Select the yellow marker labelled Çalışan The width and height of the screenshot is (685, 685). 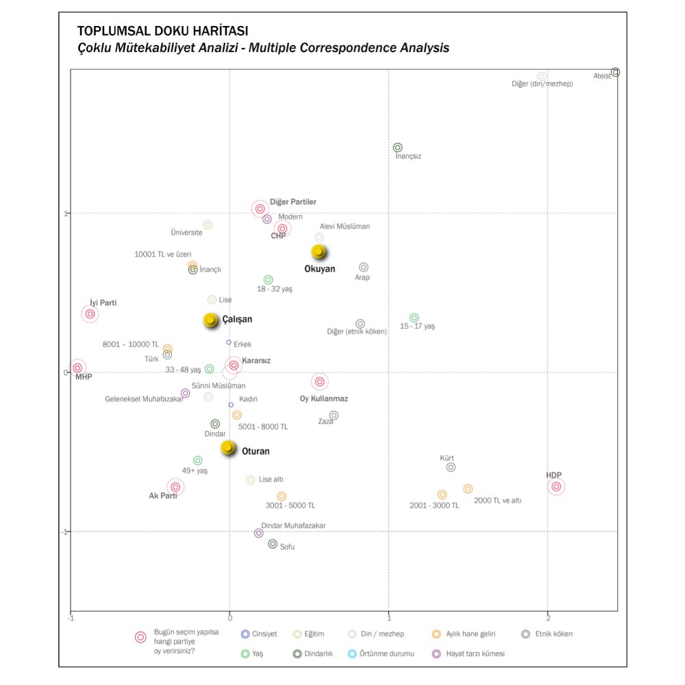pyautogui.click(x=211, y=320)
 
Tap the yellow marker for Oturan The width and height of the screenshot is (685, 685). pyautogui.click(x=228, y=448)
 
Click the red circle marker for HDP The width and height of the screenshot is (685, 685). pyautogui.click(x=556, y=486)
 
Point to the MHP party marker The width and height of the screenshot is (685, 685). pyautogui.click(x=78, y=368)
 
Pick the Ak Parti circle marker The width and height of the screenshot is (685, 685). pyautogui.click(x=175, y=486)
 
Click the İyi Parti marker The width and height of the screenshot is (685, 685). pyautogui.click(x=90, y=314)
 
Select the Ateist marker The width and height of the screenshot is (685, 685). pyautogui.click(x=615, y=72)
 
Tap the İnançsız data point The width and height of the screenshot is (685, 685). pyautogui.click(x=397, y=147)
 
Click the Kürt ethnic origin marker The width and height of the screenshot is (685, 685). pyautogui.click(x=451, y=467)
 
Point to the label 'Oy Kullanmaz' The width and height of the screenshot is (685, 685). pyautogui.click(x=324, y=399)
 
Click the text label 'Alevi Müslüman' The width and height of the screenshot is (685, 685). pyautogui.click(x=345, y=226)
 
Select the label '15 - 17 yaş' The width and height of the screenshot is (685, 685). pyautogui.click(x=417, y=327)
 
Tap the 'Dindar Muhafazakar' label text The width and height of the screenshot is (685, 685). pyautogui.click(x=293, y=525)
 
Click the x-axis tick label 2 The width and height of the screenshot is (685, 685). pyautogui.click(x=548, y=618)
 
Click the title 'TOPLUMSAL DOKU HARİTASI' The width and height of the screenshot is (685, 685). pyautogui.click(x=163, y=32)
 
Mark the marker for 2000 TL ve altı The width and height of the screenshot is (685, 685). pyautogui.click(x=468, y=489)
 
